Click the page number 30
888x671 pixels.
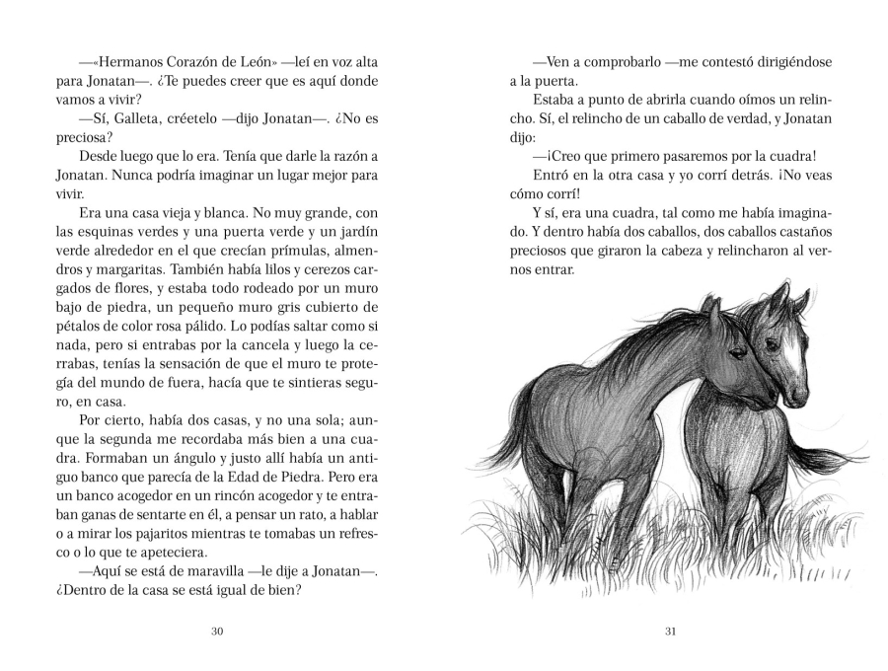click(218, 633)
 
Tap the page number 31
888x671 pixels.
click(670, 633)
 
